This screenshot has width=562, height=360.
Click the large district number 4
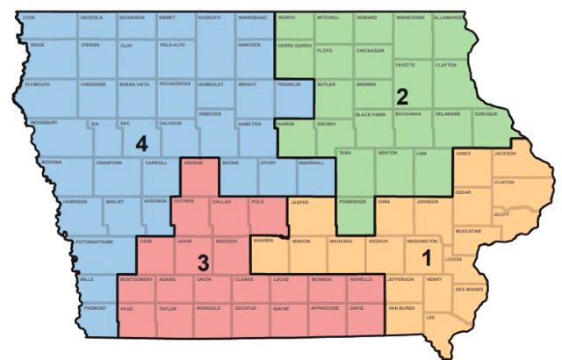tap(141, 143)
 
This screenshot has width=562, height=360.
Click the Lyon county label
tap(29, 18)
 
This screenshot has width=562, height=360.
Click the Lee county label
tap(430, 317)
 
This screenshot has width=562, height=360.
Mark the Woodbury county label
tap(43, 123)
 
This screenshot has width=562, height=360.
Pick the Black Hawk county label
tap(370, 114)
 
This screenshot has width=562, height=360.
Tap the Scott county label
tap(501, 214)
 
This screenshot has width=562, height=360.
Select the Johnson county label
tap(428, 201)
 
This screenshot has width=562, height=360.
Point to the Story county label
tap(267, 162)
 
